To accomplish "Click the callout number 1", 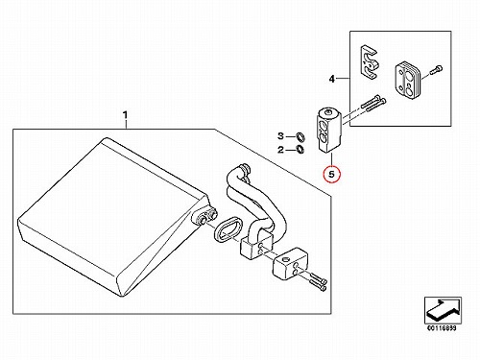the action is tap(125, 114).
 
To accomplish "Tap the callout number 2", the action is tap(280, 150).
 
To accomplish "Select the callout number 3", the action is tap(280, 136).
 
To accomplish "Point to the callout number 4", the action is tap(332, 79).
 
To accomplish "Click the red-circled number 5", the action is tap(331, 174).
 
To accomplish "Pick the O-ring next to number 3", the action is tap(300, 136).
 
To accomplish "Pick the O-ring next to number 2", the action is tap(300, 149).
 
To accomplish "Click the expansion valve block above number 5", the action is tap(330, 131).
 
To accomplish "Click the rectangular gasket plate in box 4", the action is tap(407, 80).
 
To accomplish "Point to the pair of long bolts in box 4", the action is tap(373, 103).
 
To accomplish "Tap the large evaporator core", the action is tap(113, 217).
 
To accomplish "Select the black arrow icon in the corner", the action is tap(443, 310).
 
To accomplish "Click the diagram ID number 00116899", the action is tap(442, 327).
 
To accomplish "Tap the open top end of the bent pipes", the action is tap(246, 168).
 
